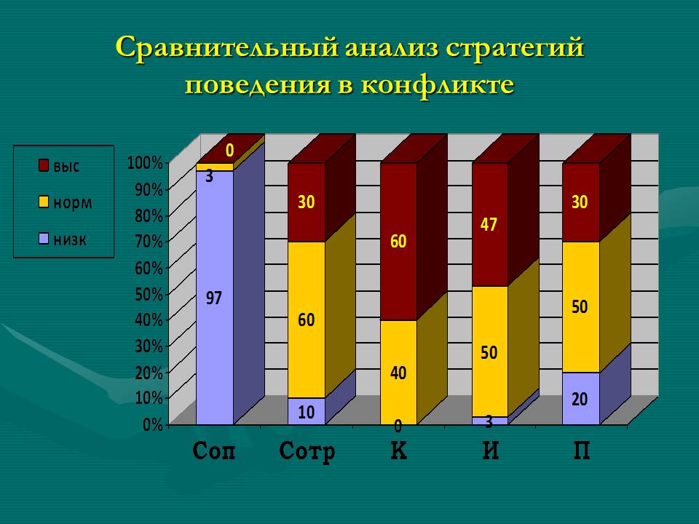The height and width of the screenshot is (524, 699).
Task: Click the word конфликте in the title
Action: tap(437, 84)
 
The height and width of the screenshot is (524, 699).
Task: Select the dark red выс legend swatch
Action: tap(43, 165)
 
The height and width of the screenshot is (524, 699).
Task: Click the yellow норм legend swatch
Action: tap(43, 202)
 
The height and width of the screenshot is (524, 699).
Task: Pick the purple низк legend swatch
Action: tap(43, 239)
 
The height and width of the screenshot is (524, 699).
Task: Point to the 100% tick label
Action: tap(145, 163)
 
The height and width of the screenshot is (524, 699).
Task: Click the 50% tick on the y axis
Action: tap(149, 294)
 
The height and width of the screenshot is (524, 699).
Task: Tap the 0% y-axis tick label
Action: tap(152, 424)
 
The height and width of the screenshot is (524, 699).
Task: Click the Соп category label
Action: tap(213, 450)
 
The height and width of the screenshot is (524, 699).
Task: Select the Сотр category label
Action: tap(307, 451)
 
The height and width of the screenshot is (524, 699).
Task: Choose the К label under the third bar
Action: tap(398, 450)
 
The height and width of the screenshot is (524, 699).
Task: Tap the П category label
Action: tap(581, 450)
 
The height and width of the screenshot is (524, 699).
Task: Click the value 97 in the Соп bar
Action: tap(213, 298)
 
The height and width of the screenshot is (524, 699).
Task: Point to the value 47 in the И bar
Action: tap(489, 224)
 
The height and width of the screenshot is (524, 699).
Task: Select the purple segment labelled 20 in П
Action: tap(581, 398)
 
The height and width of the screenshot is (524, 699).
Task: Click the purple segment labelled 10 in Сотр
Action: tap(307, 410)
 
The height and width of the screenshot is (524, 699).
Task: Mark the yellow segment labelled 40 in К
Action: tap(398, 372)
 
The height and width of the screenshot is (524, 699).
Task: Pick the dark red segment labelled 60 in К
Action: tap(398, 242)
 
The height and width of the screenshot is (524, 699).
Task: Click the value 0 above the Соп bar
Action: tap(229, 151)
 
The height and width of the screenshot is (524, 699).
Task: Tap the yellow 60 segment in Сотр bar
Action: tap(307, 320)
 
